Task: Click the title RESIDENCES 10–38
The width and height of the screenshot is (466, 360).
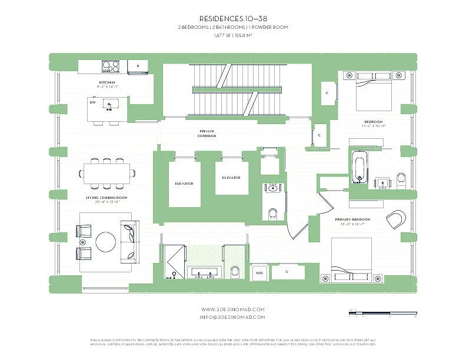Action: click(x=233, y=18)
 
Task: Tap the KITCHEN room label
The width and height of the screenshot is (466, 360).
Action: click(x=107, y=82)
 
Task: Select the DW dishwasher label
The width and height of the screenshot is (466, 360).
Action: click(x=92, y=102)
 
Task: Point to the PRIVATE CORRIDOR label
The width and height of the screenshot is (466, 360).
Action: click(x=207, y=133)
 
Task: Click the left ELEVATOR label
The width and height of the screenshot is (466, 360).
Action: click(x=184, y=183)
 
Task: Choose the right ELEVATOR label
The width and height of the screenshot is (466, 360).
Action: click(x=231, y=177)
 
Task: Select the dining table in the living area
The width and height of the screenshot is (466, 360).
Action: click(x=106, y=172)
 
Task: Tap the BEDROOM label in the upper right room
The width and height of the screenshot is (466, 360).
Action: click(x=374, y=122)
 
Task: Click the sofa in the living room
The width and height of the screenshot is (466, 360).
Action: click(x=128, y=242)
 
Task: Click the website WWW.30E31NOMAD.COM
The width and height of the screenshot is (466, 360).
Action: click(x=233, y=309)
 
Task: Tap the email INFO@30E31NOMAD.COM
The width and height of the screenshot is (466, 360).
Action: click(x=233, y=316)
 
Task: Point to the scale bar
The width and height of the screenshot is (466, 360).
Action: click(x=382, y=312)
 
